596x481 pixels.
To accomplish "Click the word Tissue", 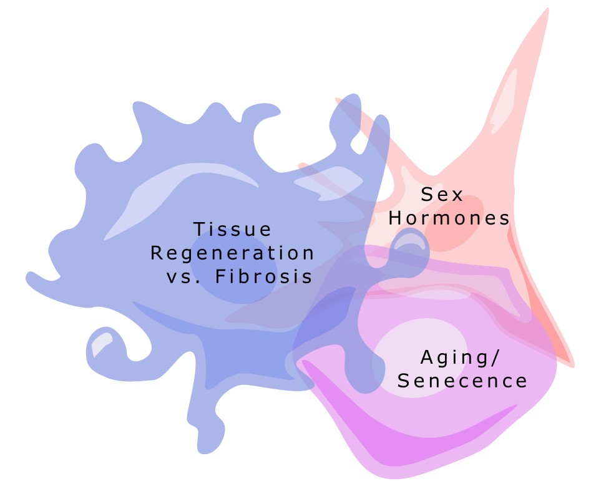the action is click(232, 230).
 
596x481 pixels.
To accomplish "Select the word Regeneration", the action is click(232, 253).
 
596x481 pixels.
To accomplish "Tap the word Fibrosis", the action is click(264, 276).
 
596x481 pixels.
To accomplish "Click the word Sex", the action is click(442, 194).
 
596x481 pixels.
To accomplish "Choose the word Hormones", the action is click(449, 218).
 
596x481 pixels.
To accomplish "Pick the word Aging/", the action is click(459, 357).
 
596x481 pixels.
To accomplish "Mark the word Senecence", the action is click(462, 381).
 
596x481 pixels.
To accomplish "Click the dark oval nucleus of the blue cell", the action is click(234, 268).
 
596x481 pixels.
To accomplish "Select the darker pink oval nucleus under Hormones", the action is click(454, 224).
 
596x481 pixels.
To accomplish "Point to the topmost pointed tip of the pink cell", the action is click(548, 9).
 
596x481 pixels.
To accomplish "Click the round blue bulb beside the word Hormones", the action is click(411, 248).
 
